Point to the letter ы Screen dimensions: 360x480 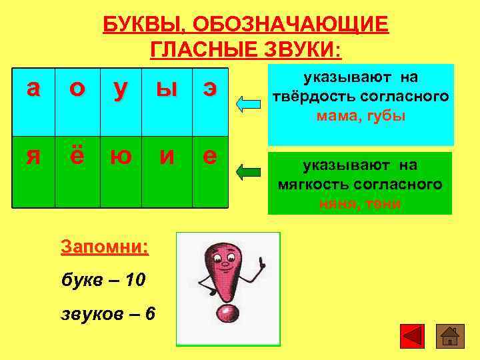point(166,90)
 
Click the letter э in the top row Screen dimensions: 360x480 point(209,90)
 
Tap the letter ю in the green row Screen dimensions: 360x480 point(121,156)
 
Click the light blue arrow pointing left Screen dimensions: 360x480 point(249,103)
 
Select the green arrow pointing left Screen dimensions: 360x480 point(249,173)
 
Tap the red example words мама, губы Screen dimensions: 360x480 point(361,116)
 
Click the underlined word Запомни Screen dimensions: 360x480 point(104,247)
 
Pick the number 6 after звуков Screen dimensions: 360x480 point(150,313)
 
